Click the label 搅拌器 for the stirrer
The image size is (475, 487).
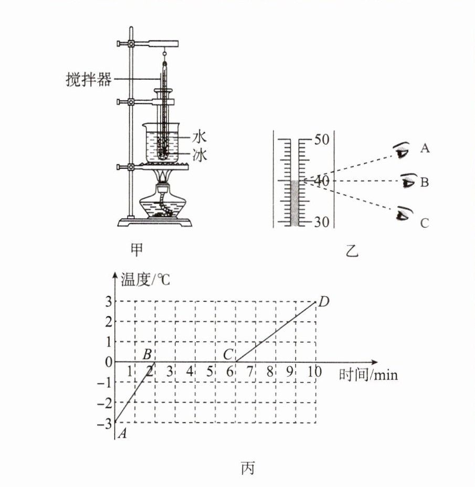[x=89, y=80]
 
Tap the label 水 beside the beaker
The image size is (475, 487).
[x=199, y=137]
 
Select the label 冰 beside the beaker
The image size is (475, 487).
[x=199, y=155]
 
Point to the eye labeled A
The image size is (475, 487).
[x=402, y=150]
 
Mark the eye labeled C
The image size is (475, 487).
[x=404, y=214]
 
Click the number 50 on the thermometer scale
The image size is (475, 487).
[x=322, y=140]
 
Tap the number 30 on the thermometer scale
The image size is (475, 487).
[x=322, y=222]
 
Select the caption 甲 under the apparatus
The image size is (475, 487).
[x=136, y=249]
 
